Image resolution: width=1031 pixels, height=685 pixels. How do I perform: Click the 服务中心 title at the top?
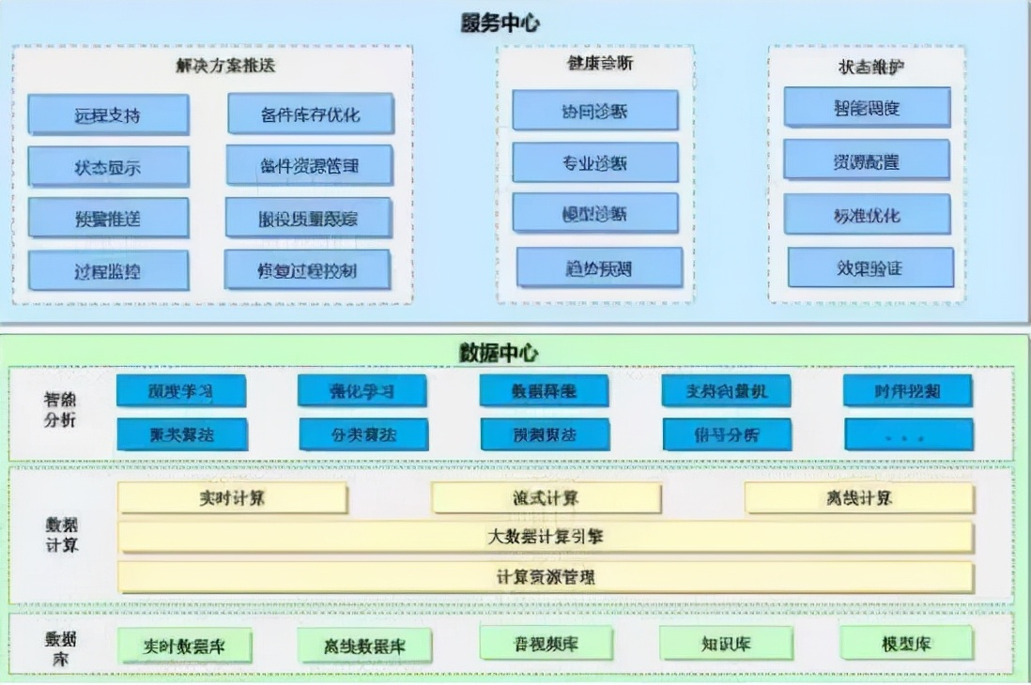pos(500,23)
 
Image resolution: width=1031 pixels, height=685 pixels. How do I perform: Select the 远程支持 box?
pos(108,115)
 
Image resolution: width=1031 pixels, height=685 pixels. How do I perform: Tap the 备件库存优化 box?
pos(310,114)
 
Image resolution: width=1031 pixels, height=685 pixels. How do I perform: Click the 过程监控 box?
pos(108,271)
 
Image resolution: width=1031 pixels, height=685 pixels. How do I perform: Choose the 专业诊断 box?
pos(594,163)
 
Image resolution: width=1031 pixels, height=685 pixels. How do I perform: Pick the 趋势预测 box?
pos(599,268)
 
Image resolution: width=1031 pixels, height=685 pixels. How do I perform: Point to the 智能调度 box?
pos(866,108)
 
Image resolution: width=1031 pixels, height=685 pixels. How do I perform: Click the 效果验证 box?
pos(869,268)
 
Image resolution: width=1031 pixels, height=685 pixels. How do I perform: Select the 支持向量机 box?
pos(727,390)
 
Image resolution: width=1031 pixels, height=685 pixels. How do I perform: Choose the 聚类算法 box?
pos(182,434)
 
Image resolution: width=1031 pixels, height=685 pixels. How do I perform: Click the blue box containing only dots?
pos(908,435)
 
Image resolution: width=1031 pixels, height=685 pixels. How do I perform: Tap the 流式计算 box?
pos(546,498)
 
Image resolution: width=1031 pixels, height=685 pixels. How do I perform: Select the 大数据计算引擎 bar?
pos(545,537)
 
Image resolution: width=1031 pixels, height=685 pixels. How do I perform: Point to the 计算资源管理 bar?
pos(545,576)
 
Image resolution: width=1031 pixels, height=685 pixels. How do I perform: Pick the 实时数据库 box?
pos(184,645)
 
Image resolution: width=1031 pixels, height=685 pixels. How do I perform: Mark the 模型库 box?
pos(906,644)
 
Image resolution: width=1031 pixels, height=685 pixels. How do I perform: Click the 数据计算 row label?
pos(62,535)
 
